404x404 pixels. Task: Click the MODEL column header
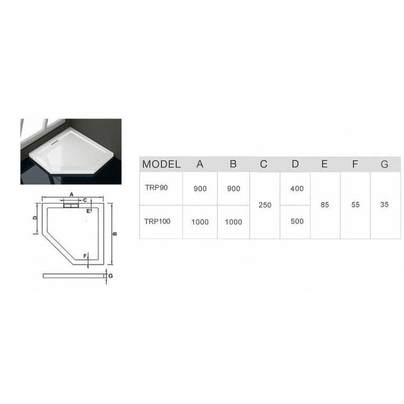tap(161, 164)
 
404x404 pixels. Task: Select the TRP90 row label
tap(156, 187)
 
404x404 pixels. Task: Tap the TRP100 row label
tap(157, 221)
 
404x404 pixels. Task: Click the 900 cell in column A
tap(200, 189)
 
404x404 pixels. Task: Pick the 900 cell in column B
tap(234, 189)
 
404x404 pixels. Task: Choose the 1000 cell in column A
tap(200, 222)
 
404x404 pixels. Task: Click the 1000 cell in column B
tap(233, 222)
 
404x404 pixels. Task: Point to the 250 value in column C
tap(265, 205)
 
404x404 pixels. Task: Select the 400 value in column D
tap(297, 189)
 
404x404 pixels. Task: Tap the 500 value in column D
tap(297, 221)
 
